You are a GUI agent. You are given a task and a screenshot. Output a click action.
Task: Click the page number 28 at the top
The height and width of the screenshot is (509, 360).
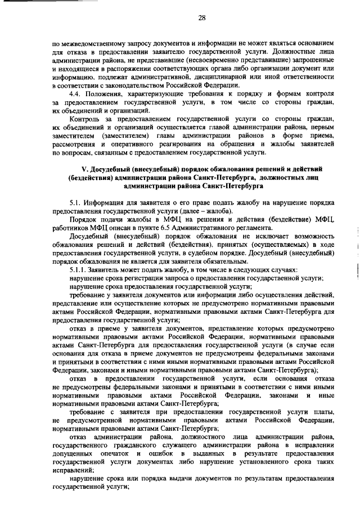click(x=201, y=18)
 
